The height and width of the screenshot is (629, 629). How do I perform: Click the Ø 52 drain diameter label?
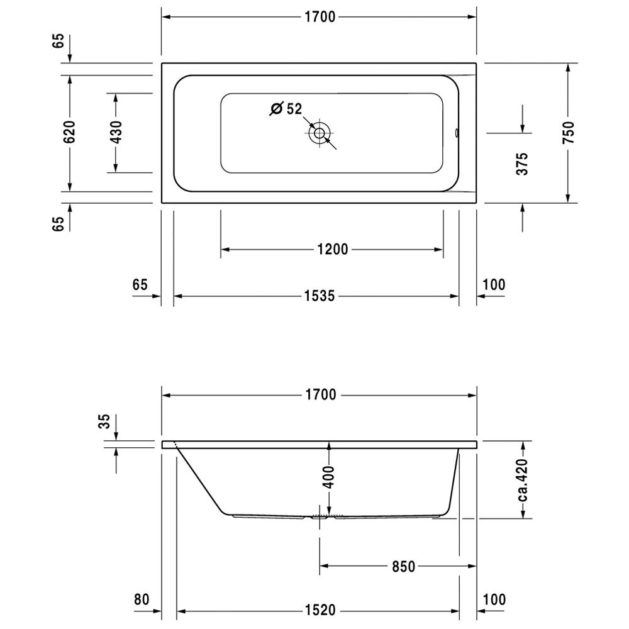point(286,108)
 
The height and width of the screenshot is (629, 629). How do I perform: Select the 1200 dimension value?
point(333,250)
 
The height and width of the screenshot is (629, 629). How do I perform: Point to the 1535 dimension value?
point(320,296)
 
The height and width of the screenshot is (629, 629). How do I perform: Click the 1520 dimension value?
point(320,610)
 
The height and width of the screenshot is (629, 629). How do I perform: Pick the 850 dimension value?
point(403,567)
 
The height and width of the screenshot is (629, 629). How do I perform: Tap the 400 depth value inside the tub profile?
point(328,477)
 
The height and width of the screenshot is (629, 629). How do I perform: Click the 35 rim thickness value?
point(104,421)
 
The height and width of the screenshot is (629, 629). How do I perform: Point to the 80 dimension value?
point(141,599)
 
